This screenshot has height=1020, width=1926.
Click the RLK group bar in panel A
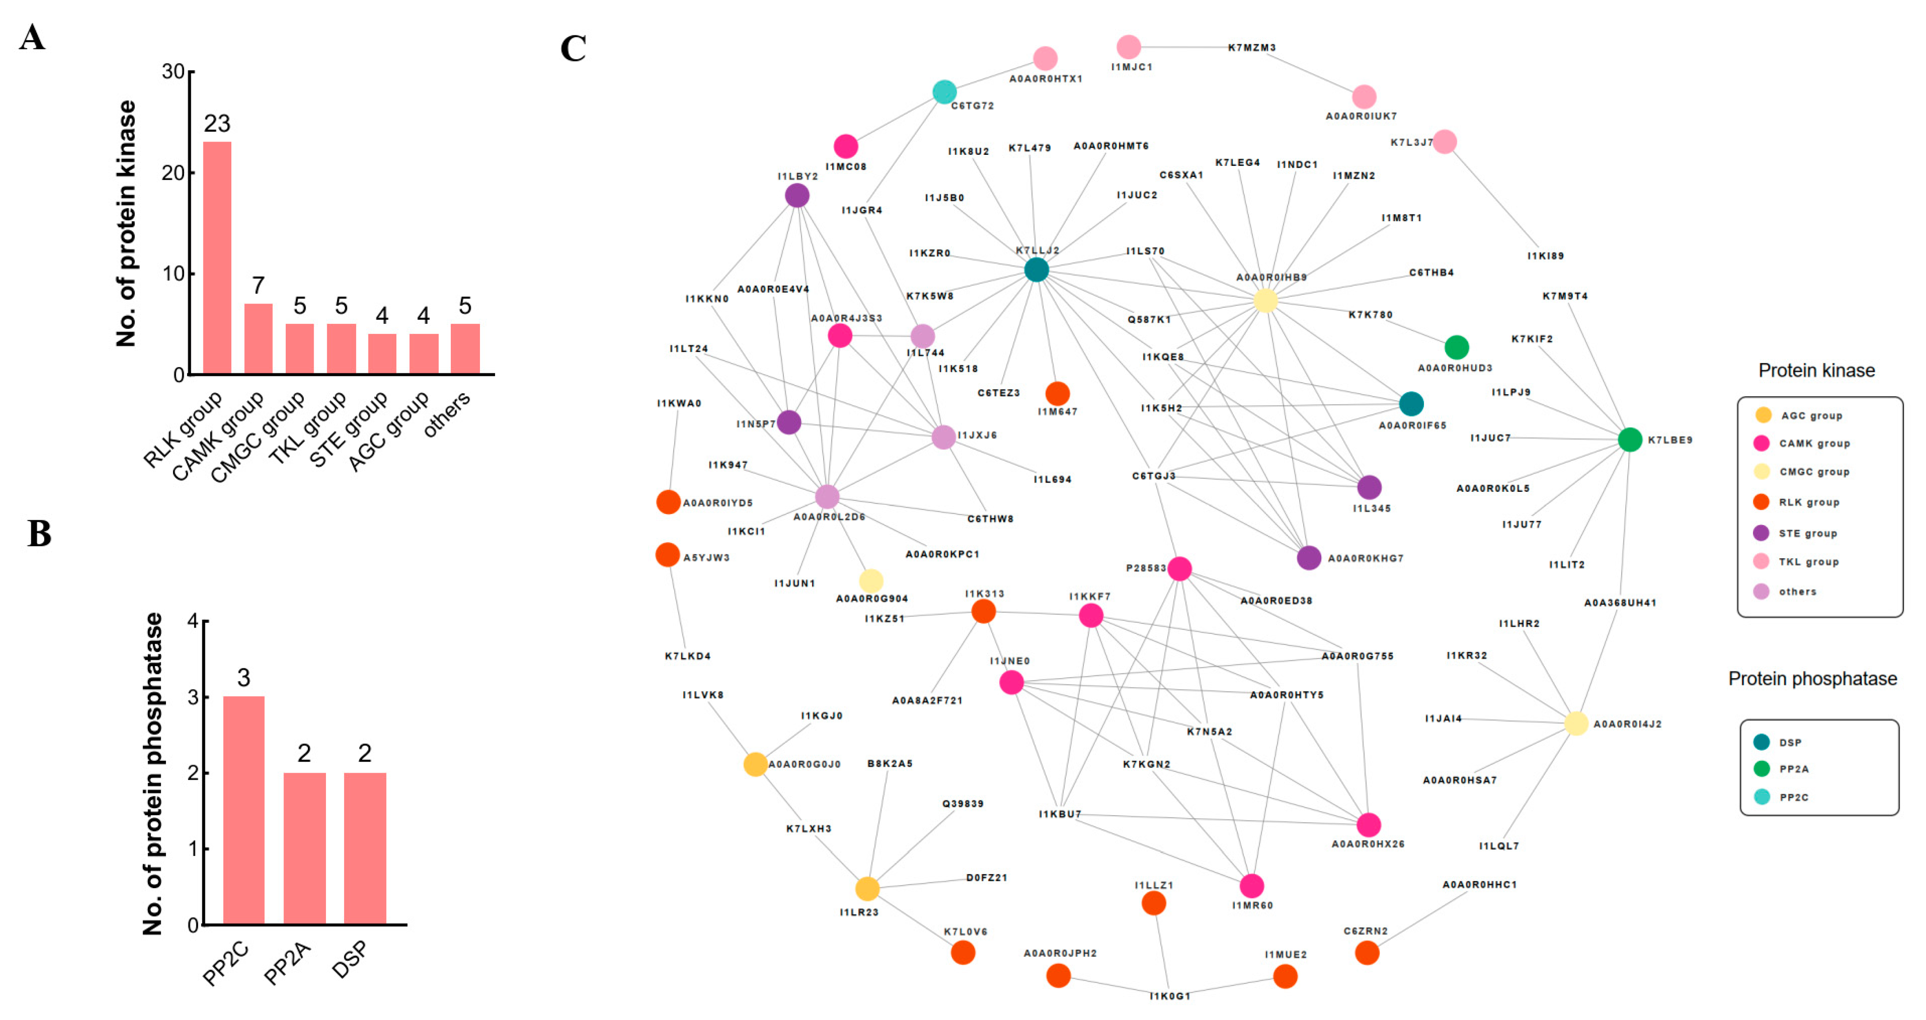(217, 258)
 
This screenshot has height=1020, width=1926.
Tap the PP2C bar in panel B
(244, 810)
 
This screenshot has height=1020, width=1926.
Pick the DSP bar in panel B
(365, 848)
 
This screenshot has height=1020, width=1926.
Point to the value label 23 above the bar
(217, 123)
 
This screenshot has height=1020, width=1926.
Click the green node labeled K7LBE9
(1630, 440)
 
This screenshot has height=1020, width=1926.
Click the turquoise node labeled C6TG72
(944, 92)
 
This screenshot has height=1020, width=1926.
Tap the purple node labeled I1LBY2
(797, 196)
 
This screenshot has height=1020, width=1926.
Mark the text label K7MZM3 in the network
(1251, 48)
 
